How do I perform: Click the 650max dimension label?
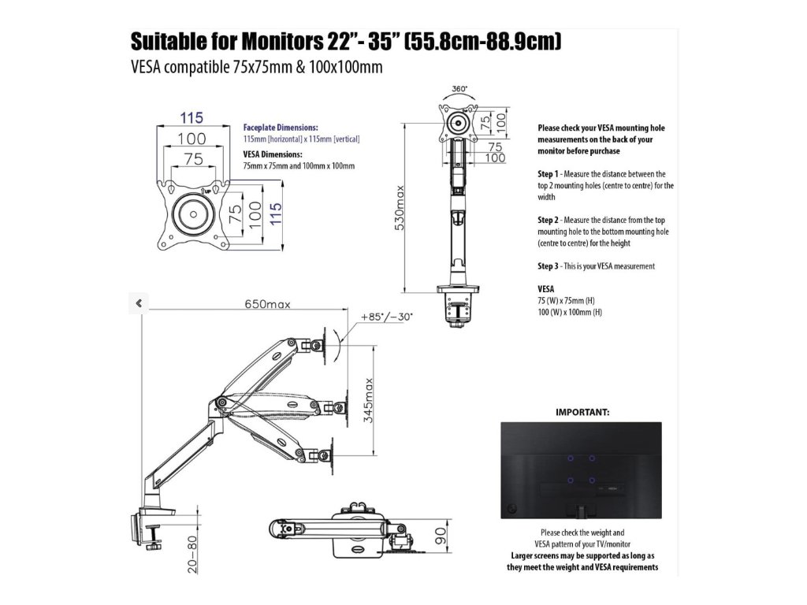click(268, 303)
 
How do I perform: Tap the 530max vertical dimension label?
click(400, 207)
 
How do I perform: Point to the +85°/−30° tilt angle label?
click(387, 317)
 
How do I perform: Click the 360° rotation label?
click(460, 89)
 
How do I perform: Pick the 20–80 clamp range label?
click(192, 555)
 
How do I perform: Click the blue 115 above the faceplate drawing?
click(192, 118)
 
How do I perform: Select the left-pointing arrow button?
click(139, 302)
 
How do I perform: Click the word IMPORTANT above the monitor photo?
click(582, 411)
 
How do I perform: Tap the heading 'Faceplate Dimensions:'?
click(281, 127)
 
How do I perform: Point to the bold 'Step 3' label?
click(549, 266)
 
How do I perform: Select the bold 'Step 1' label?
click(549, 173)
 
